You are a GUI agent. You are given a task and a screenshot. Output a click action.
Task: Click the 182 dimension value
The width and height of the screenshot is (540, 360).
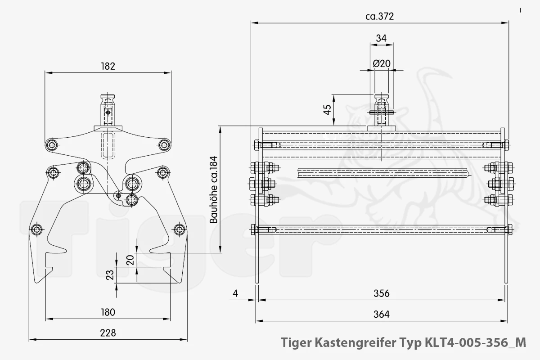(x=108, y=66)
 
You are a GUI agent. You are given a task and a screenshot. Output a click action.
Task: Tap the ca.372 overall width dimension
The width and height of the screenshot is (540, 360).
(x=380, y=16)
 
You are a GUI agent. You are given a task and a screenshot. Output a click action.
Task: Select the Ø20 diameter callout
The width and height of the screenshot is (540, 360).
(x=382, y=63)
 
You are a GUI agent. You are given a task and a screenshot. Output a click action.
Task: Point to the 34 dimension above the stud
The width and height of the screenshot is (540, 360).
(x=381, y=38)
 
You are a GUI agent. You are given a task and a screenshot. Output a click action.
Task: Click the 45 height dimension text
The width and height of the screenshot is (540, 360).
(x=328, y=110)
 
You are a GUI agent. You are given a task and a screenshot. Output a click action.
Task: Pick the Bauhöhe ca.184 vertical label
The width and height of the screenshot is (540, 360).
(x=214, y=190)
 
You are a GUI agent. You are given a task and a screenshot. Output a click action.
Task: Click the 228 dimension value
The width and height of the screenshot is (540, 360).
(x=108, y=333)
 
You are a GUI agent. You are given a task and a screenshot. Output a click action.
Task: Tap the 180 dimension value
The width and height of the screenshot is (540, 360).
(x=108, y=312)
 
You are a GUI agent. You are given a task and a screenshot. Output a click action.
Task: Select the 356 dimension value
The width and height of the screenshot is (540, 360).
(x=382, y=293)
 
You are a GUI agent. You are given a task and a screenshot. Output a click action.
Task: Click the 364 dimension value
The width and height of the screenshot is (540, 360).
(x=382, y=314)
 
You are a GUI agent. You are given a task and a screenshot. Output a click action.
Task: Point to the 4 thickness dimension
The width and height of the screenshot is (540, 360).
(x=235, y=293)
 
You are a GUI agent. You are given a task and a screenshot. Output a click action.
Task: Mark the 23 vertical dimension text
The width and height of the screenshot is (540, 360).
(x=110, y=275)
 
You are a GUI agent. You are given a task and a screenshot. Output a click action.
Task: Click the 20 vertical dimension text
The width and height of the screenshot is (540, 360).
(x=130, y=260)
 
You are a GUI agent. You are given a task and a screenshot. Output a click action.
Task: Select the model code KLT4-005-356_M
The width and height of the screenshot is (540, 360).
(x=475, y=342)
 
